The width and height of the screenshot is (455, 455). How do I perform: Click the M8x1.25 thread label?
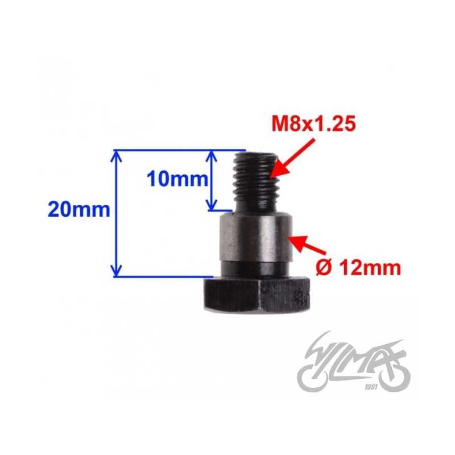pyautogui.click(x=314, y=124)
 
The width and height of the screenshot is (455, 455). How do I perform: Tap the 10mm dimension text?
pyautogui.click(x=177, y=179)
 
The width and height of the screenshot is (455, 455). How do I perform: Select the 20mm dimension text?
pyautogui.click(x=79, y=209)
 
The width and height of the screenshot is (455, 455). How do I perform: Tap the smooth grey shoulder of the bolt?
pyautogui.click(x=255, y=237)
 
